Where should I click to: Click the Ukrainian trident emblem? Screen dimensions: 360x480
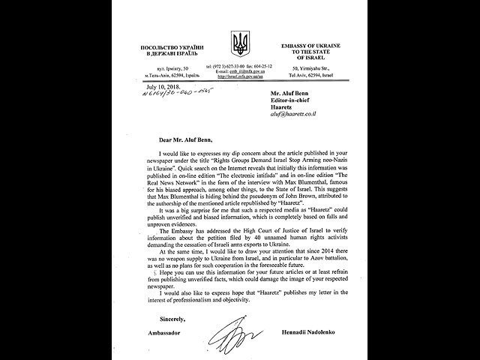point(239,43)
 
